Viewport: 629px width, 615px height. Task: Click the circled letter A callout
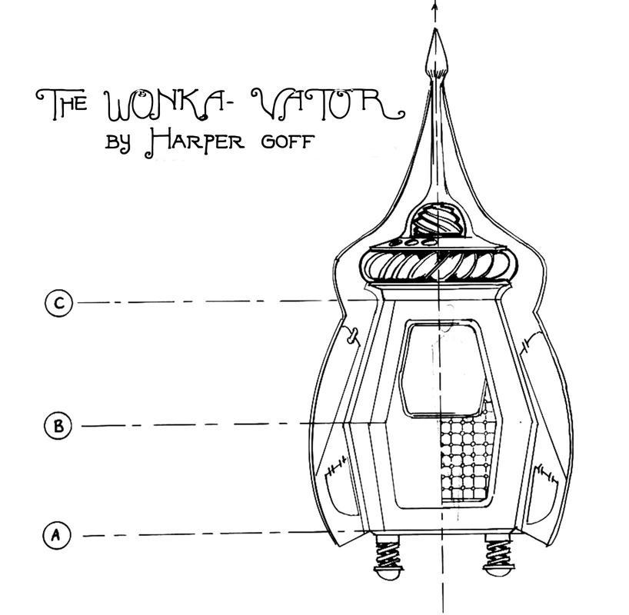(x=55, y=534)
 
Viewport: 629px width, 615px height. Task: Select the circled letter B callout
(x=58, y=425)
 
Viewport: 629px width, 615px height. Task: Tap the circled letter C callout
(x=58, y=302)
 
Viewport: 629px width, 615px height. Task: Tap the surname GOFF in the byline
(x=285, y=144)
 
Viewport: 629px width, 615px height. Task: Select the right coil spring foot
(x=498, y=551)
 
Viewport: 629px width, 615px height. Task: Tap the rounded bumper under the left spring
(x=387, y=573)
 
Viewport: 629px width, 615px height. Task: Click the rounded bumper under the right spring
(x=498, y=573)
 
